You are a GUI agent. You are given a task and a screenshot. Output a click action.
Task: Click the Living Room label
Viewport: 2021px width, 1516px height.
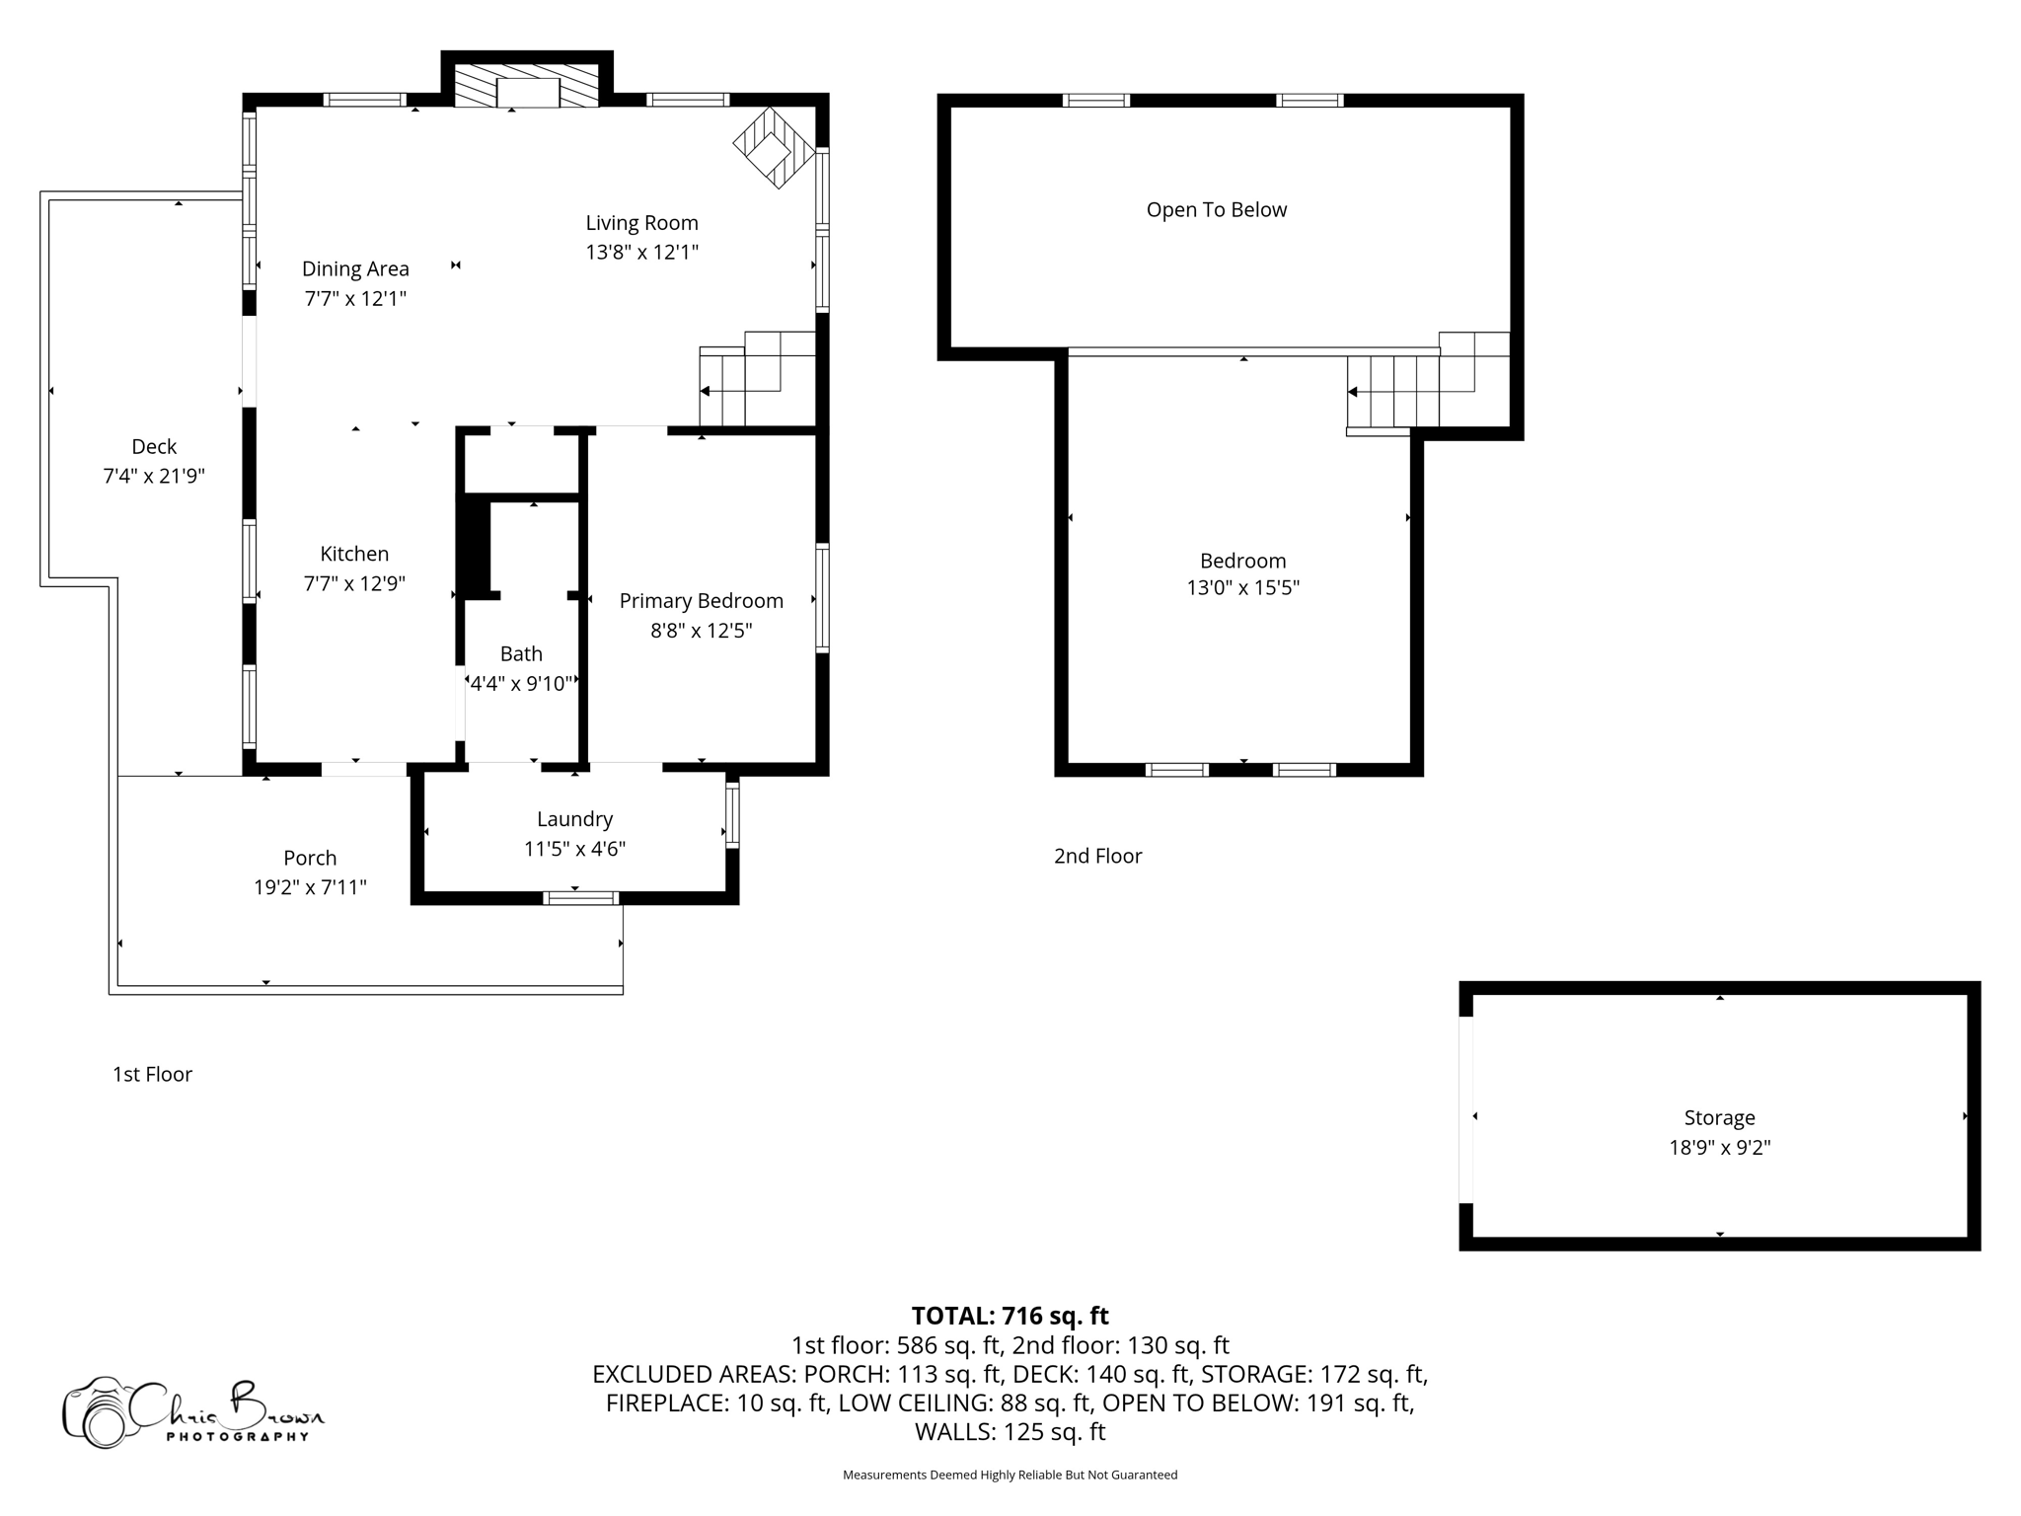click(x=641, y=223)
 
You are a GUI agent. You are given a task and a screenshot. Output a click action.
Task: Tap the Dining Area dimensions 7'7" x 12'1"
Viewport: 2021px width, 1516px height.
click(x=355, y=298)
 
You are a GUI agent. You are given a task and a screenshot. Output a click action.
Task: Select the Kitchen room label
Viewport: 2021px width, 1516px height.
click(x=354, y=554)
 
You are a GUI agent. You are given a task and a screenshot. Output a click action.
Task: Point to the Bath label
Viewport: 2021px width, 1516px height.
click(x=521, y=653)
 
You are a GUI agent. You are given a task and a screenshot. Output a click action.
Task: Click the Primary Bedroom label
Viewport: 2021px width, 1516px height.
click(x=701, y=601)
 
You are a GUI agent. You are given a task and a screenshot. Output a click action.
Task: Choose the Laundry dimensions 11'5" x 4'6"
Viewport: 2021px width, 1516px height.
click(x=574, y=849)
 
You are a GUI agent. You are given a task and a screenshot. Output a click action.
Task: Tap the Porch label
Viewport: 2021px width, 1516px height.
click(x=310, y=858)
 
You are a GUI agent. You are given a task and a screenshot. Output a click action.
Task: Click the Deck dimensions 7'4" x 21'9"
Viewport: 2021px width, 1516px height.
click(x=154, y=476)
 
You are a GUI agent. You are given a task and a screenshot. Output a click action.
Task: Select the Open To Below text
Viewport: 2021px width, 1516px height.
click(x=1216, y=209)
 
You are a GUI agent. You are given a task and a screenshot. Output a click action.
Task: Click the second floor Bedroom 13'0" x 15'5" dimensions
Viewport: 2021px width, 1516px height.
click(x=1242, y=588)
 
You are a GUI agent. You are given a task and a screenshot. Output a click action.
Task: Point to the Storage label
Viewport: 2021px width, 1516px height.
click(x=1719, y=1117)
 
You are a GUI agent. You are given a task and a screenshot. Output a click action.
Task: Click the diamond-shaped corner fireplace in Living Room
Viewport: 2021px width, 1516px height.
click(x=775, y=148)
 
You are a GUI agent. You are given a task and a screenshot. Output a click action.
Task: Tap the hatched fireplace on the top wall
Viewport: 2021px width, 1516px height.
click(x=527, y=86)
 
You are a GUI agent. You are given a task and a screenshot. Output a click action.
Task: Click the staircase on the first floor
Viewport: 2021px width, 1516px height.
click(x=755, y=380)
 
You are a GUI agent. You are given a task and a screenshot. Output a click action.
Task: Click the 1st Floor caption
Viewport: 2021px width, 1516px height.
click(x=152, y=1074)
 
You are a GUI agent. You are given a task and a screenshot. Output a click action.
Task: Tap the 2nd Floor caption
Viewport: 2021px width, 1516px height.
click(x=1097, y=856)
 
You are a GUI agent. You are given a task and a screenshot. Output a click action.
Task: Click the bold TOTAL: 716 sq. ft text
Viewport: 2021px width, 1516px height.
click(x=1010, y=1316)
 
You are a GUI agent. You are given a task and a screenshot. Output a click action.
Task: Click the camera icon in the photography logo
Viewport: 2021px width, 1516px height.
click(x=99, y=1413)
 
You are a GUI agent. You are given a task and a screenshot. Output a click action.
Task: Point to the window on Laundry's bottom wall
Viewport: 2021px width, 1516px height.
click(x=580, y=897)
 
